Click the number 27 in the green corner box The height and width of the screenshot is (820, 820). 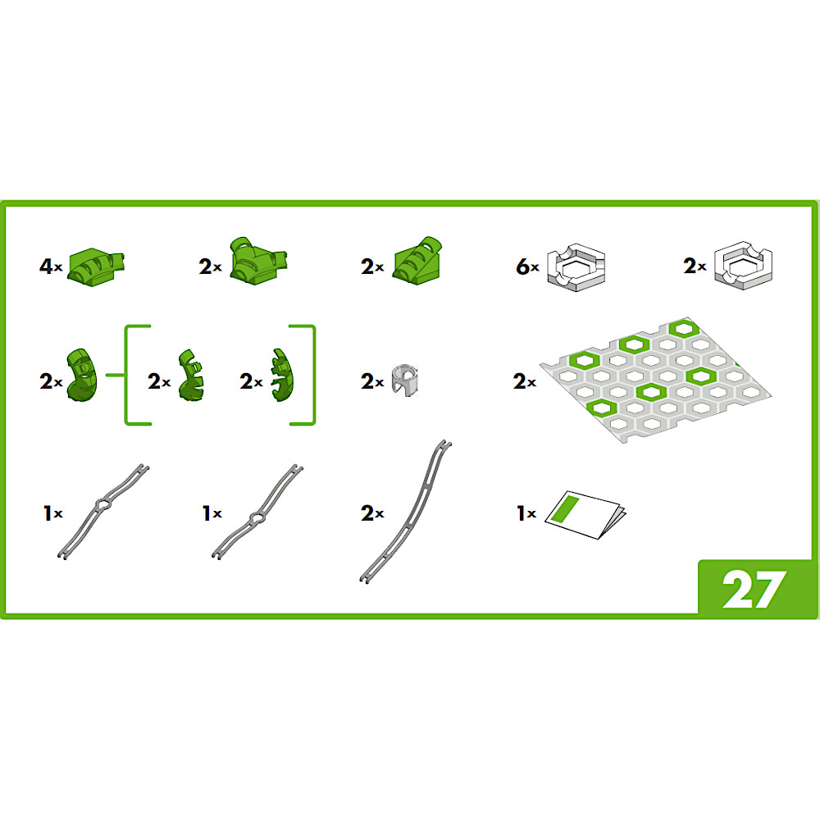754,589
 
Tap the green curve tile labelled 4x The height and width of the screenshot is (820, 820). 97,266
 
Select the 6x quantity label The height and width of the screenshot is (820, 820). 527,266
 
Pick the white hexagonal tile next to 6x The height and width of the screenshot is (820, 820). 576,266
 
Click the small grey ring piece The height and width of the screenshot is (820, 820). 405,380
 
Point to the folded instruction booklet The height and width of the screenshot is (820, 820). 585,515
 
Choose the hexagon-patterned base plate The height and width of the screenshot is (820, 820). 655,380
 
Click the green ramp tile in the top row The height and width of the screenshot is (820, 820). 418,261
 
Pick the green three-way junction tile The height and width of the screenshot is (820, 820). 258,261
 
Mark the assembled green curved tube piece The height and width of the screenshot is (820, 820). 82,375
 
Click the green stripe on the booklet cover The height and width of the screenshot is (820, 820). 567,509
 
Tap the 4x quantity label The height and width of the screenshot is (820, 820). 51,266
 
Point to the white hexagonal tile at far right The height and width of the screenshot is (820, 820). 743,265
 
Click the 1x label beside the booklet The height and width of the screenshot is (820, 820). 526,513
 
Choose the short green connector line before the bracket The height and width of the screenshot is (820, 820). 115,375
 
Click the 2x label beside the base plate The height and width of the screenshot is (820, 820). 525,381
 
